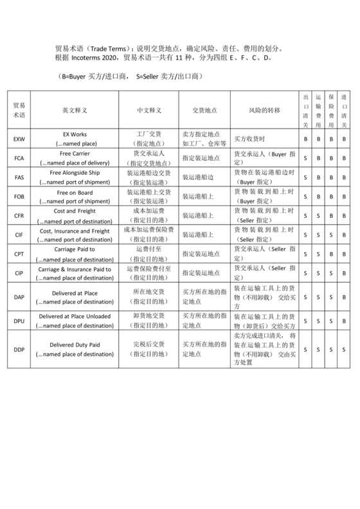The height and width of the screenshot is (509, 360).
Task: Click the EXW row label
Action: coord(18,139)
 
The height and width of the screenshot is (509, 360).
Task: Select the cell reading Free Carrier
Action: coord(74,154)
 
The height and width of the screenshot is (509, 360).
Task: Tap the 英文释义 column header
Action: coord(74,111)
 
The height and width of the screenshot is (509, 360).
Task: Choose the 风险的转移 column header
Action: coord(264,111)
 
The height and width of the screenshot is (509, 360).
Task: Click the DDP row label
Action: coord(18,350)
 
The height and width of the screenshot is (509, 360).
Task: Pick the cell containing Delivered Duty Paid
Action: coord(74,345)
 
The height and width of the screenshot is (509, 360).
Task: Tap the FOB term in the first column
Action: coord(18,195)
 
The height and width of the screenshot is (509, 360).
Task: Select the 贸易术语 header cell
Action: coord(18,111)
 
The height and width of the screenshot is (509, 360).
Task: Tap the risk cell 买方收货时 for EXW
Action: coord(249,139)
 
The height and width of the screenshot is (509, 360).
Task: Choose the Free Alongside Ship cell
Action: coord(74,173)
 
